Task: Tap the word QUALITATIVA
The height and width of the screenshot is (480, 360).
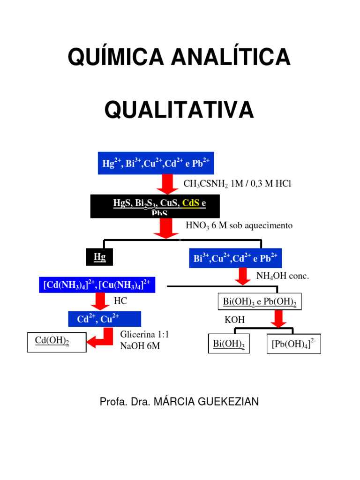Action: coord(180,111)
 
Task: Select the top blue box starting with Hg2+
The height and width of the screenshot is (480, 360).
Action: coord(156,164)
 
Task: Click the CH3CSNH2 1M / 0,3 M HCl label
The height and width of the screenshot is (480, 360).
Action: coord(237,184)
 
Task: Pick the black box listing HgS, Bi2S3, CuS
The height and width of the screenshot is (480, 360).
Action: coord(159,206)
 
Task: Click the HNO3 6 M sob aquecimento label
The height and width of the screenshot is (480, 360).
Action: coord(239,225)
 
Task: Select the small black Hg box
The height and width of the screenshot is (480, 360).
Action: coord(99,257)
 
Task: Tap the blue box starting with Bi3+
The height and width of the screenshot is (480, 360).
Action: coord(235,258)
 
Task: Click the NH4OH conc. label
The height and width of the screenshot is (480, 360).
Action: coord(283,276)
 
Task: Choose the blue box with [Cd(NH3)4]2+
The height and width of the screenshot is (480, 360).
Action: coord(97,285)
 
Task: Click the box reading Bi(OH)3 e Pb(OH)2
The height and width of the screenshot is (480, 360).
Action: coord(260,301)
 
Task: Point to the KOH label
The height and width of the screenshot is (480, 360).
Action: coord(235,320)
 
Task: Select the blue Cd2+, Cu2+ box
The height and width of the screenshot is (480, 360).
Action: coord(105,319)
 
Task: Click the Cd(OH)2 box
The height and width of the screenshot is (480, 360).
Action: coord(57,342)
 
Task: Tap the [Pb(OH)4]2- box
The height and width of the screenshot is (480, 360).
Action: coord(294,344)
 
